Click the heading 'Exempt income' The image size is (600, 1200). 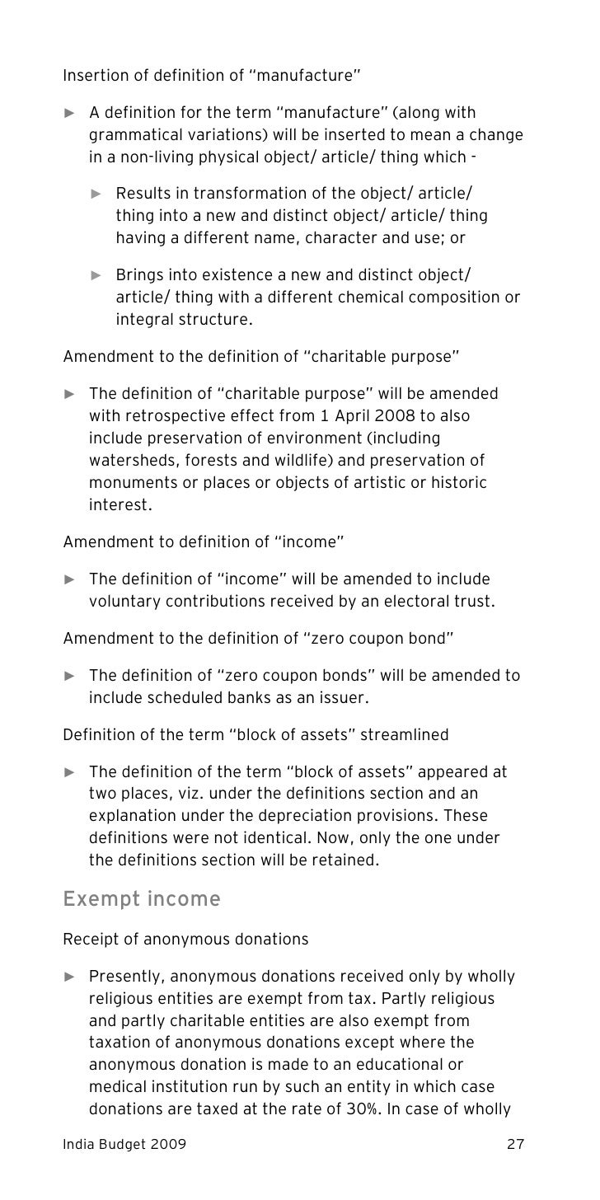(x=142, y=899)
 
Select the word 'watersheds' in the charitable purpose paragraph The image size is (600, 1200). (x=129, y=460)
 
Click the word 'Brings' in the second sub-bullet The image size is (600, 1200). (x=138, y=274)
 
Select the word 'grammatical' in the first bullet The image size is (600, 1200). (x=133, y=134)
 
